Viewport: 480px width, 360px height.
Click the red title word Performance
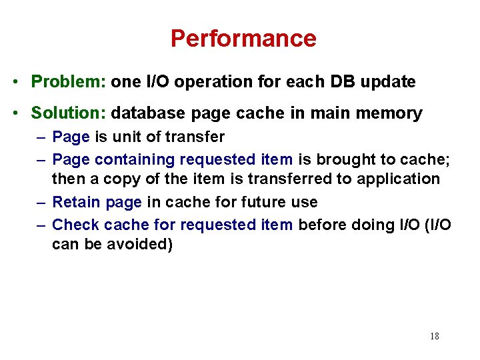tap(243, 39)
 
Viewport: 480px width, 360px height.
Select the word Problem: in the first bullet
tap(69, 82)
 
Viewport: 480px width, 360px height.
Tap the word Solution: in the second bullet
tap(69, 113)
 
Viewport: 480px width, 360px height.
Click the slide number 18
tap(434, 336)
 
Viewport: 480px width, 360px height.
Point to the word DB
tap(337, 82)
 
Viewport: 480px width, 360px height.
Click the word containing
tap(135, 159)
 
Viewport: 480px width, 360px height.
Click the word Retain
tap(77, 202)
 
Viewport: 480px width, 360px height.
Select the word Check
tap(75, 225)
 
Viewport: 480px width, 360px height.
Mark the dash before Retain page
tap(41, 202)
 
